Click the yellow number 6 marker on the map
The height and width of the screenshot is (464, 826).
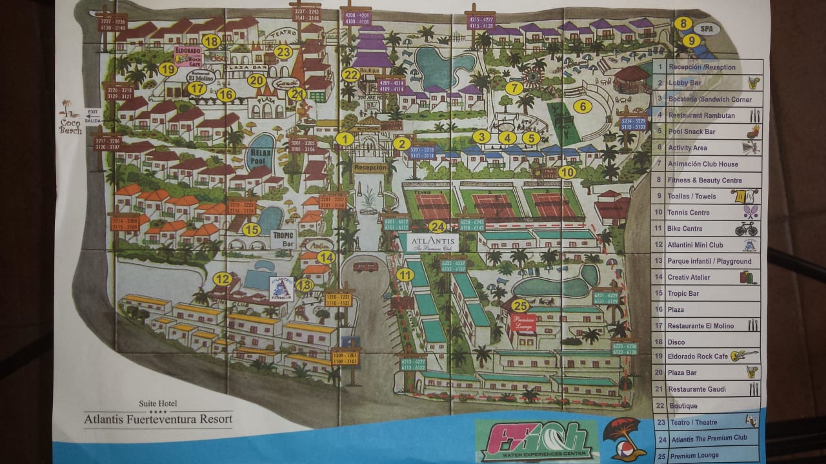582,106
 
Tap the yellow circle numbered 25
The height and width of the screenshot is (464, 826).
520,305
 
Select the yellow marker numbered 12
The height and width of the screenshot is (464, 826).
223,279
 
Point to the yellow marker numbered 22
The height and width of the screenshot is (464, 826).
350,75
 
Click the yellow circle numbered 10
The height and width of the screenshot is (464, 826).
566,172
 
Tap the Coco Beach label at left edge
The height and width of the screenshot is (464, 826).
70,124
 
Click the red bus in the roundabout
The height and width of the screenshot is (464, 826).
365,266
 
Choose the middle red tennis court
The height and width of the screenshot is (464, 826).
494,205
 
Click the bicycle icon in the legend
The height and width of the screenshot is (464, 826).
746,229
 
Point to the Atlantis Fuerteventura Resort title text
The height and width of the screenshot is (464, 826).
158,418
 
